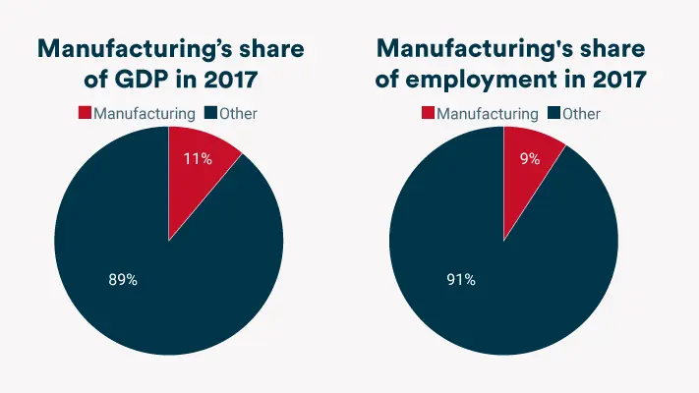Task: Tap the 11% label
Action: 198,158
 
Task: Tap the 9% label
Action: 530,158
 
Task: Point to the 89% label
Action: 122,280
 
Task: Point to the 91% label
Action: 460,280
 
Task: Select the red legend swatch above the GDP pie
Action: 86,113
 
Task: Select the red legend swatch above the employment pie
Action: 428,114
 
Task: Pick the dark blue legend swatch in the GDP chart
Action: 211,113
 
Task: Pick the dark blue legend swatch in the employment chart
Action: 553,114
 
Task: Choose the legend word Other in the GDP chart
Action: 239,113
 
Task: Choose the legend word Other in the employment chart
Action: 581,114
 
